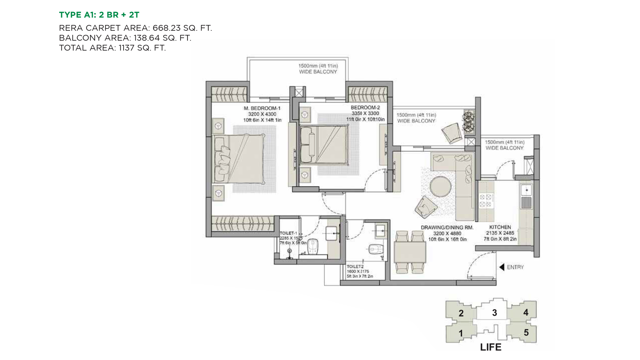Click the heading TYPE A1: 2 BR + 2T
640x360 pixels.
click(x=99, y=15)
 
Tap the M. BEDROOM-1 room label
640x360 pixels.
click(x=262, y=108)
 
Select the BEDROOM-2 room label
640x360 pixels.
click(x=365, y=108)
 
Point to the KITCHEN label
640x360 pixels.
click(x=500, y=227)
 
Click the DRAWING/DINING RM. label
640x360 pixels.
click(x=447, y=228)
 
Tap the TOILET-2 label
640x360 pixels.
click(x=355, y=266)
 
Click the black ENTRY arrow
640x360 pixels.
click(x=502, y=267)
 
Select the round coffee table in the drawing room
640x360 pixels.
click(x=440, y=186)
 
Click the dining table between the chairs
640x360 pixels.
click(x=410, y=252)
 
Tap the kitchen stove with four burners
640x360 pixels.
click(x=485, y=201)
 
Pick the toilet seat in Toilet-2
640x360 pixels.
click(x=375, y=249)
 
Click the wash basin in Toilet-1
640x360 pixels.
click(x=331, y=233)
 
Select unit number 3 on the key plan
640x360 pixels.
click(x=494, y=313)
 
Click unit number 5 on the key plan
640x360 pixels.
click(x=526, y=332)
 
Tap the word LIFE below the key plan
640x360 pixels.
click(x=491, y=347)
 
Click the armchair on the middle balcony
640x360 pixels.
click(x=452, y=133)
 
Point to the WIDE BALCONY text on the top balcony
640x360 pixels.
click(x=318, y=72)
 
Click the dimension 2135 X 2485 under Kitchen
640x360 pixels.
click(x=500, y=233)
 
